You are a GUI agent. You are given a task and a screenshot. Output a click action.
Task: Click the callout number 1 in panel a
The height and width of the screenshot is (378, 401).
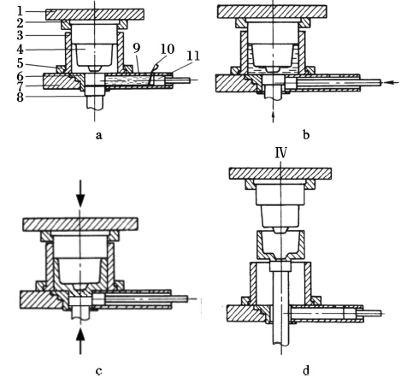(x=20, y=11)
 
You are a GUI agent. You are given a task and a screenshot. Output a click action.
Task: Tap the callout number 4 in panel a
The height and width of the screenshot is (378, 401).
(x=20, y=50)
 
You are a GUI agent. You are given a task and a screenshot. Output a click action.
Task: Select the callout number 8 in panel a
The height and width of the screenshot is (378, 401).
(x=20, y=97)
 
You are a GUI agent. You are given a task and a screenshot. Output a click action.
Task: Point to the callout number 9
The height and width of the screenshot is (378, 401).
(x=137, y=48)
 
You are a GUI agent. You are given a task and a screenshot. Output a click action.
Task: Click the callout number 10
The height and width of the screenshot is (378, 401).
(x=168, y=49)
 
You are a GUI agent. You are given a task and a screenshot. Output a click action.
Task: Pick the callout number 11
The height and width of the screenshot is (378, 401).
(x=193, y=56)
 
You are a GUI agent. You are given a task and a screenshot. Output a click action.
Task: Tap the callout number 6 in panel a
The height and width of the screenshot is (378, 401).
(x=20, y=76)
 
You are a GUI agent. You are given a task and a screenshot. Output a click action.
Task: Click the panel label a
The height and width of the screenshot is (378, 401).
(x=98, y=135)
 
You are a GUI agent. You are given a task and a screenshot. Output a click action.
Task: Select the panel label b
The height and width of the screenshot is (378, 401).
(x=306, y=134)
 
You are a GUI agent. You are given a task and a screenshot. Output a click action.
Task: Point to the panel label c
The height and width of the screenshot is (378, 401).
(x=98, y=371)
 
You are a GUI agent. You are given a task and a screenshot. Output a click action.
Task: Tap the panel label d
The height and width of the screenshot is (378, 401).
(x=306, y=370)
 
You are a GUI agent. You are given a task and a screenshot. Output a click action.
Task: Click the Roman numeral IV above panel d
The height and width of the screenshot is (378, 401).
(x=280, y=153)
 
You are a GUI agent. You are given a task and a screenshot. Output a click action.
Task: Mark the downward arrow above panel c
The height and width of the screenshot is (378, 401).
(x=81, y=193)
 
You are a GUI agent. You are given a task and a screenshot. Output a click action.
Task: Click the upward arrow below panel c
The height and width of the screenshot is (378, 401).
(x=81, y=340)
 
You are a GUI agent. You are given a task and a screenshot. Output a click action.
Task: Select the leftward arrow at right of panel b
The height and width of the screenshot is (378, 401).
(x=392, y=82)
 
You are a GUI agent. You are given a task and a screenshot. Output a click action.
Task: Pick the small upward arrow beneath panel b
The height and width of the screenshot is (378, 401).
(x=273, y=117)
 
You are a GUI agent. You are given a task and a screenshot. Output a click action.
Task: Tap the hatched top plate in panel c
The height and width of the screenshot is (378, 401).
(x=80, y=224)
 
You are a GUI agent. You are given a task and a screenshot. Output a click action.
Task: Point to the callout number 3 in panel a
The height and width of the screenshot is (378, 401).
(x=20, y=36)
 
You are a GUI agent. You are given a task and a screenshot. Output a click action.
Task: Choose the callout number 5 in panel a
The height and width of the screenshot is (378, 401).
(x=20, y=63)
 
